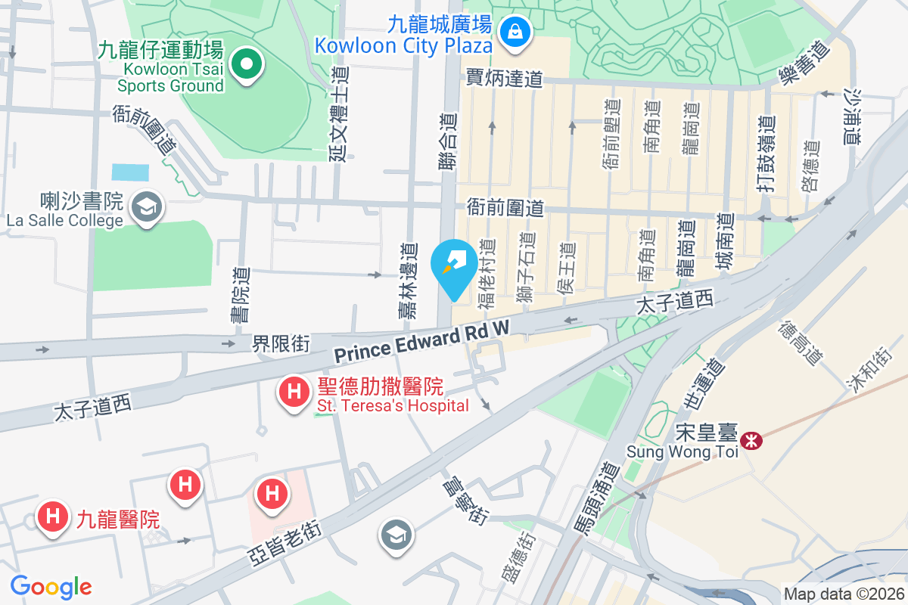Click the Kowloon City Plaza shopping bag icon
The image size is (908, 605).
tap(515, 33)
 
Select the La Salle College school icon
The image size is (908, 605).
tap(144, 206)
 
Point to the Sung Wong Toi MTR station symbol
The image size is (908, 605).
tap(751, 439)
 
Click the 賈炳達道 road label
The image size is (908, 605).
tap(505, 78)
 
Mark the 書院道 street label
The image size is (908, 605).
tap(242, 294)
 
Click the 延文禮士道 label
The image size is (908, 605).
tap(338, 113)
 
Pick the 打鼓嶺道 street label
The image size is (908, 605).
tap(767, 153)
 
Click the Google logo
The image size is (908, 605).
tap(51, 586)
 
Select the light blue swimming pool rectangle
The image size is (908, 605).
tap(130, 172)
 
